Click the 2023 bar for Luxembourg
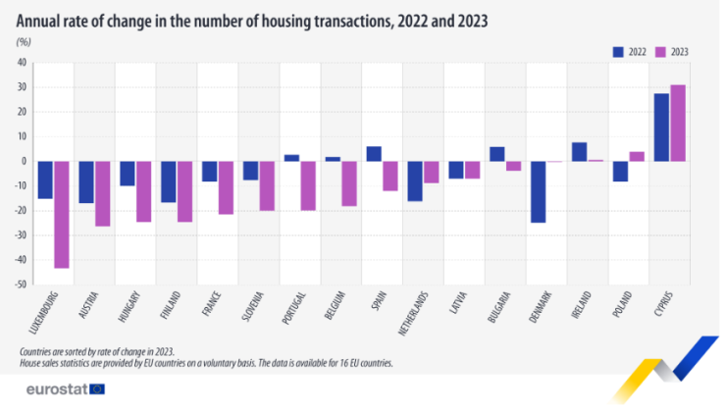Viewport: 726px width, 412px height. (61, 214)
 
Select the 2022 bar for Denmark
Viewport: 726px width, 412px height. (538, 191)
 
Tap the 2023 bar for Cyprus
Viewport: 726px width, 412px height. (677, 123)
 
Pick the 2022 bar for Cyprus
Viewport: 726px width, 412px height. (661, 127)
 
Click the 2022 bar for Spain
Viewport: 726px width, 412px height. (374, 154)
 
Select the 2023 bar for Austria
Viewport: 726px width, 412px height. (102, 193)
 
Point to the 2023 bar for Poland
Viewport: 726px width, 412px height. (636, 156)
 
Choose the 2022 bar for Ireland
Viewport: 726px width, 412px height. (579, 152)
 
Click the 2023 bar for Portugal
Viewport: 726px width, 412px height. (307, 185)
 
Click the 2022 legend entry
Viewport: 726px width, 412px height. (628, 51)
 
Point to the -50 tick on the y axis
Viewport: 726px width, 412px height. (20, 284)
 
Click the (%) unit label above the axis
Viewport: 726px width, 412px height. (25, 42)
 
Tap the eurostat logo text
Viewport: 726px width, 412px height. (51, 389)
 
